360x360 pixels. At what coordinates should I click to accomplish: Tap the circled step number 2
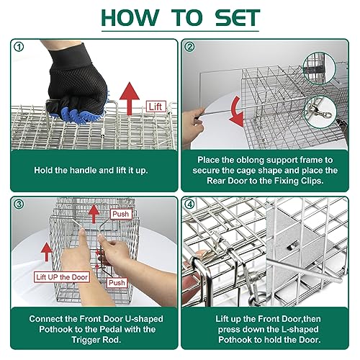190,48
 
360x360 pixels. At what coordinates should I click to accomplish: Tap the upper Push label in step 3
120,214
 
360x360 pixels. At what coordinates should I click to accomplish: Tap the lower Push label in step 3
117,284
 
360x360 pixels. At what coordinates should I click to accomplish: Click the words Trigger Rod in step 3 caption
90,340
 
